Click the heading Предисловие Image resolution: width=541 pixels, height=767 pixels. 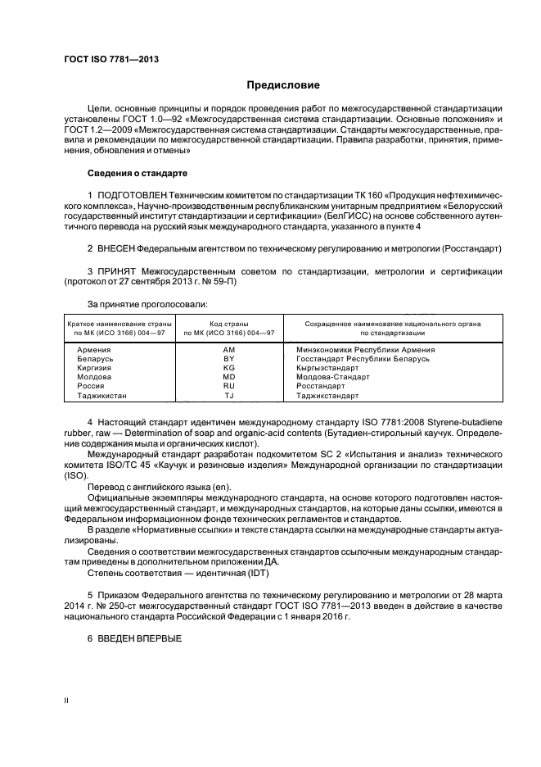coord(284,84)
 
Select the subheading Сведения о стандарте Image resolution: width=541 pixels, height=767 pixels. coord(138,174)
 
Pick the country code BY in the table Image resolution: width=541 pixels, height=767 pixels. coord(228,359)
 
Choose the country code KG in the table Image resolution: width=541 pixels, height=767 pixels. coord(228,368)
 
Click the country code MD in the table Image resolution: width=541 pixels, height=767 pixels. coord(228,377)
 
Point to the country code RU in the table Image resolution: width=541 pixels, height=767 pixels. coord(228,386)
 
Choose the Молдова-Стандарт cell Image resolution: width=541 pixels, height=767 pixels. coord(327,377)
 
